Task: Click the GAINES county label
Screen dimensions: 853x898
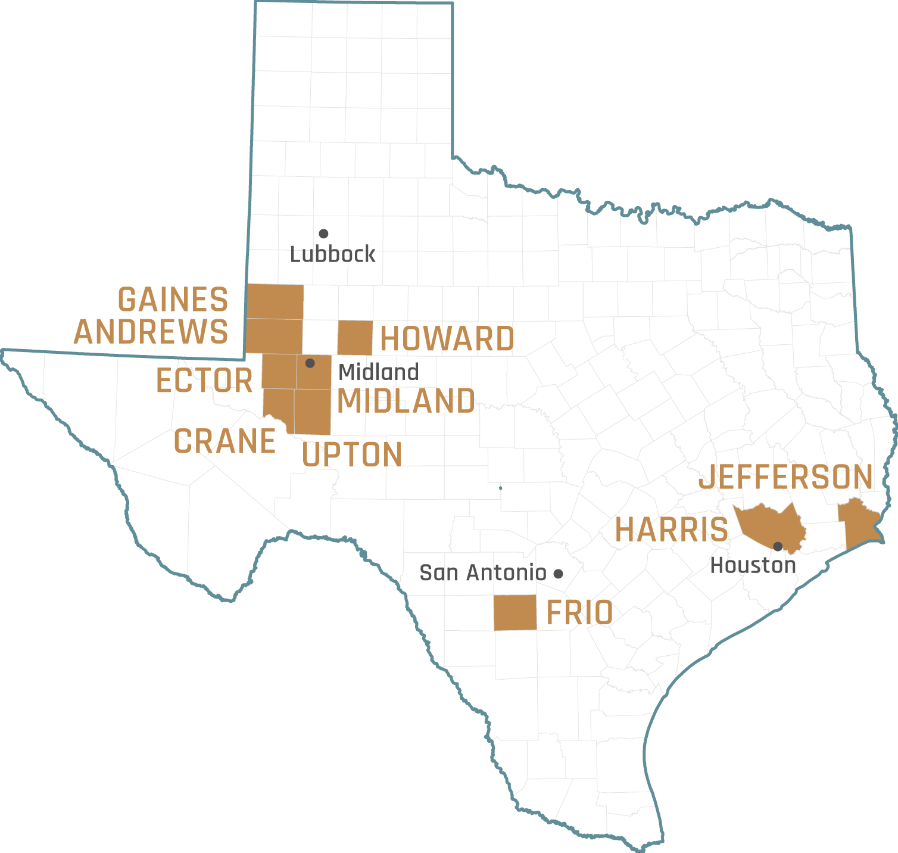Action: tap(173, 299)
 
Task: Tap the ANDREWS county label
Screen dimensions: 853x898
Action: tap(151, 331)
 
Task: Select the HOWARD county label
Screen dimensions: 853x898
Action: tap(447, 339)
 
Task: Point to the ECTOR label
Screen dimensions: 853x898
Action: tap(204, 381)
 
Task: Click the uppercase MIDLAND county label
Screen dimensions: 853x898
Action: tap(406, 401)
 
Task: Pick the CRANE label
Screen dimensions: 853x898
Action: tap(224, 441)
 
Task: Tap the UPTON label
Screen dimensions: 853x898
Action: tap(352, 455)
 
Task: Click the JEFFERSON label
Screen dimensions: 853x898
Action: tap(785, 477)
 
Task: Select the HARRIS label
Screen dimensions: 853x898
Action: tap(671, 530)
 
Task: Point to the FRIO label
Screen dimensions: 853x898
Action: tap(579, 613)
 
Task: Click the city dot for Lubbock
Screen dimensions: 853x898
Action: tap(323, 234)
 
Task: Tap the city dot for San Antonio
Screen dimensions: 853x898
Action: tap(558, 574)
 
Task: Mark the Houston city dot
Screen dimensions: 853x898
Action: tap(778, 546)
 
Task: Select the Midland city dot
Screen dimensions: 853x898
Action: tap(310, 363)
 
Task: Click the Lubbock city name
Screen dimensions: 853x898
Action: tap(332, 254)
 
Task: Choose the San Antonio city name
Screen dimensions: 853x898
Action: tap(482, 573)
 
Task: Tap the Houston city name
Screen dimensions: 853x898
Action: tap(753, 565)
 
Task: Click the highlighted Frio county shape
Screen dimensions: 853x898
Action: tap(515, 612)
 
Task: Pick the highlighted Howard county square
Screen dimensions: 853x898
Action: tap(355, 338)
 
